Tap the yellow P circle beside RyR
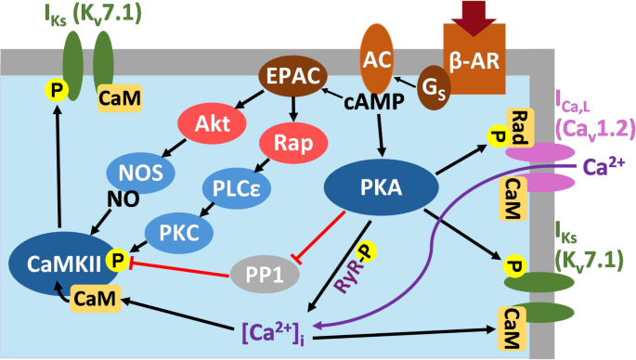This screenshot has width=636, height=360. [x=365, y=251]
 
